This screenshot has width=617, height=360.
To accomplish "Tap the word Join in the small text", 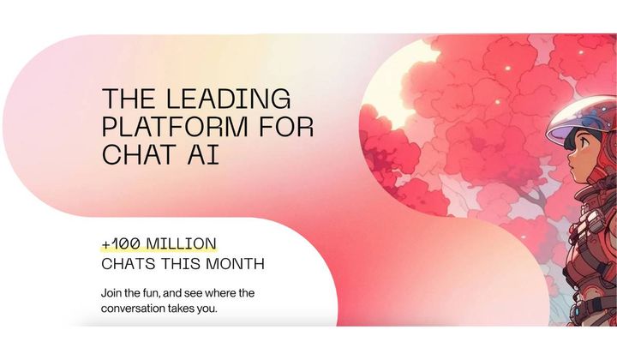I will pos(113,293).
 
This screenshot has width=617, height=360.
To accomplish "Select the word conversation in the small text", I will pos(136,309).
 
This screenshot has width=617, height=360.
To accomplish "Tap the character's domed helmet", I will pos(583,116).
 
